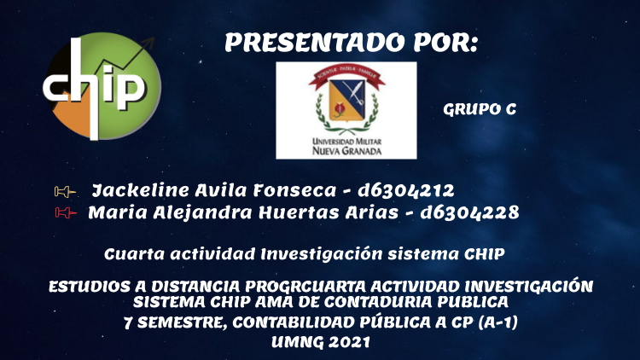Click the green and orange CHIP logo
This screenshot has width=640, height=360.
(x=102, y=86)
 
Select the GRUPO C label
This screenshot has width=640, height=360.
(x=480, y=109)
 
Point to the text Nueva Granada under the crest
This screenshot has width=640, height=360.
(x=346, y=151)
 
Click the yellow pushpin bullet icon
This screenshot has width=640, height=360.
(x=65, y=191)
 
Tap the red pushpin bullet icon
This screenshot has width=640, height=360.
(x=66, y=212)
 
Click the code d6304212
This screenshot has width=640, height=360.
(x=405, y=190)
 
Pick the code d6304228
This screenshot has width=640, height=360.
(x=469, y=212)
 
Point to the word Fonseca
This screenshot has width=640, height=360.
(x=294, y=190)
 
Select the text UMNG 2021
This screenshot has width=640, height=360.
(x=320, y=342)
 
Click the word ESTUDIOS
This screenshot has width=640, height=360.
(x=90, y=287)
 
